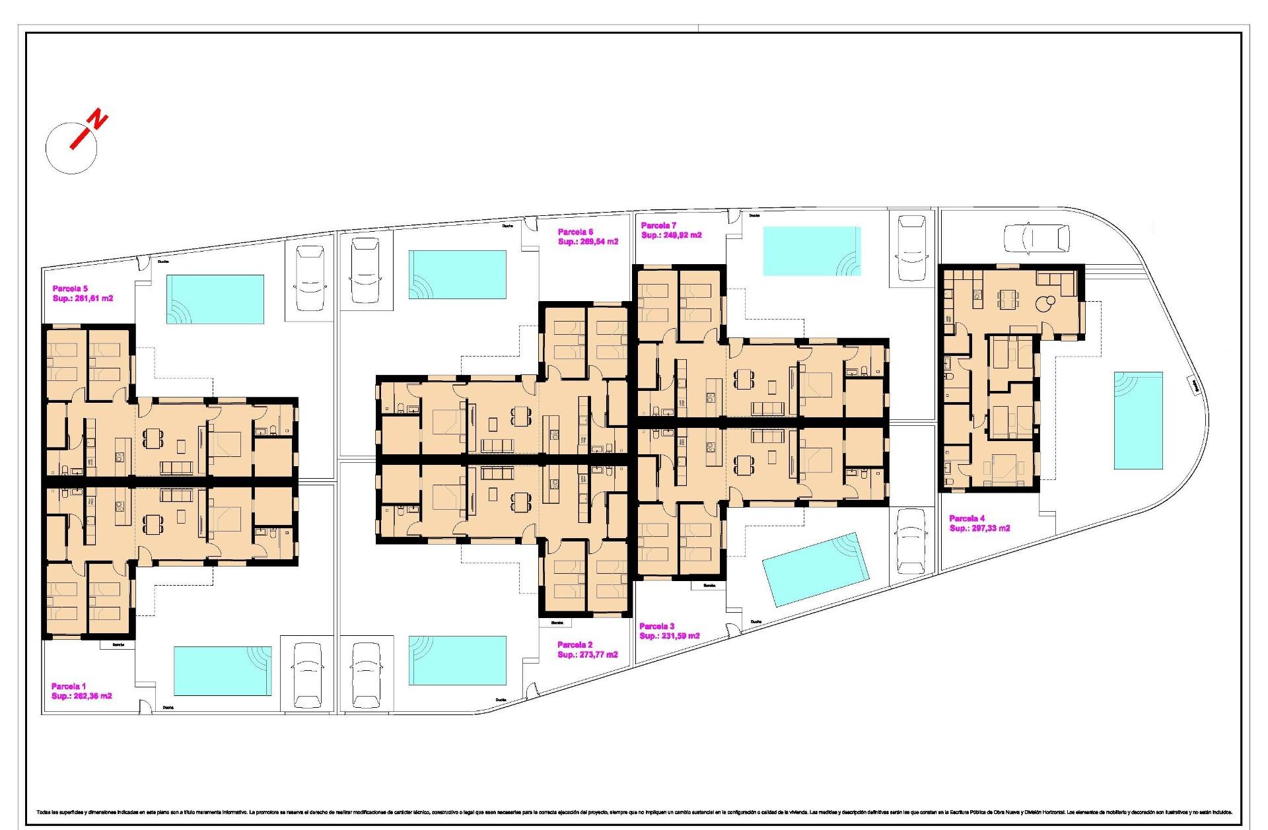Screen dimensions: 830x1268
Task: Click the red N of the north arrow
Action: pyautogui.click(x=98, y=120)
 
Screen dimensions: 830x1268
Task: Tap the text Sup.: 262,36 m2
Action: pyautogui.click(x=81, y=696)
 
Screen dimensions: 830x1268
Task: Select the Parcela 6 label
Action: pyautogui.click(x=575, y=232)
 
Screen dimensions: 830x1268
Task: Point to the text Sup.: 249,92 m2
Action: pyautogui.click(x=671, y=235)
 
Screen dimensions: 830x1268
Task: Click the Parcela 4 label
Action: pyautogui.click(x=967, y=518)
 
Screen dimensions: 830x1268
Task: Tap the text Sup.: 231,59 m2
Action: pyautogui.click(x=669, y=636)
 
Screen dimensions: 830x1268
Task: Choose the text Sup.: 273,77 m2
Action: pyautogui.click(x=587, y=654)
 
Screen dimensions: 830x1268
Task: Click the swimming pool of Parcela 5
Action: pyautogui.click(x=215, y=300)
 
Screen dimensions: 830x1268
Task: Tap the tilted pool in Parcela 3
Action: pyautogui.click(x=814, y=569)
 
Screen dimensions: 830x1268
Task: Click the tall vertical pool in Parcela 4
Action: pyautogui.click(x=1138, y=420)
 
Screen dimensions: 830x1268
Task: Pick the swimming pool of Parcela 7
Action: pyautogui.click(x=812, y=251)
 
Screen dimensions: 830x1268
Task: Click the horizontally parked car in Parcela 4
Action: pyautogui.click(x=1036, y=238)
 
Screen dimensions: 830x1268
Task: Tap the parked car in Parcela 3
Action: pyautogui.click(x=912, y=541)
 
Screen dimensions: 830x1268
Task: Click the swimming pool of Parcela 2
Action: pyautogui.click(x=457, y=660)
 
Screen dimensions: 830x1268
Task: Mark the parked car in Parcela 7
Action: pyautogui.click(x=912, y=247)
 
